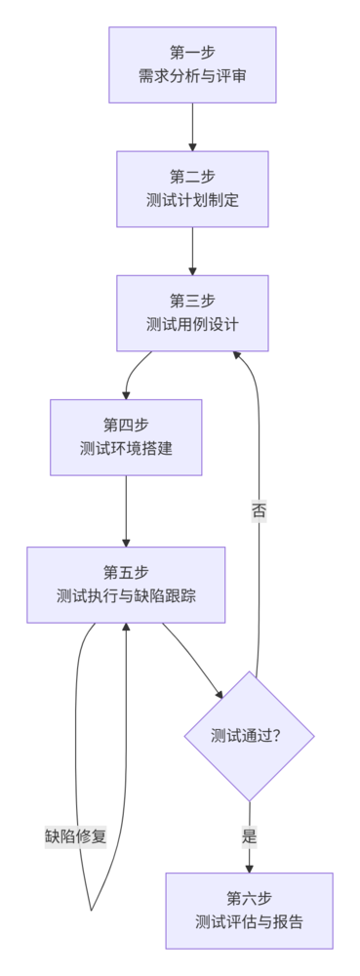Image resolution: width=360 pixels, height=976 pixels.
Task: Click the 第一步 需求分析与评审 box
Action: (192, 63)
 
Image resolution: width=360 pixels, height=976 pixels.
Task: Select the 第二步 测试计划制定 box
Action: (192, 188)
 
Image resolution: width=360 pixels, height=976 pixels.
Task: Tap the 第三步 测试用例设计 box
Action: (192, 312)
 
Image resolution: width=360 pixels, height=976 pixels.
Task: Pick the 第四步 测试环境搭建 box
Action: (126, 436)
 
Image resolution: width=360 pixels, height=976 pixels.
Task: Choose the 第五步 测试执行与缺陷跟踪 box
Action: (126, 584)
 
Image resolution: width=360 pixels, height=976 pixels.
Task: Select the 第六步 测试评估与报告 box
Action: (249, 910)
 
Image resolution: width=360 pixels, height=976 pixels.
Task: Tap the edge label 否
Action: (259, 509)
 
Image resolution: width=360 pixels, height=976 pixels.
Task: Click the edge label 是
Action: (250, 835)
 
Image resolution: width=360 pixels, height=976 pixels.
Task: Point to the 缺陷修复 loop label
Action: (75, 836)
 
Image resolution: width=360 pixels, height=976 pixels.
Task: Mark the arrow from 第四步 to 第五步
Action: (126, 509)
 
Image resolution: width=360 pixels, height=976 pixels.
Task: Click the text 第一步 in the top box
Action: (192, 52)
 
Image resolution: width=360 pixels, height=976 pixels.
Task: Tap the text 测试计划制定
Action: (192, 200)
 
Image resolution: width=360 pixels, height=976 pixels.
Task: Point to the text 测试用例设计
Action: (192, 324)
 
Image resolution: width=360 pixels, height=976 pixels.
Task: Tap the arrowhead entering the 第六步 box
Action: (250, 867)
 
